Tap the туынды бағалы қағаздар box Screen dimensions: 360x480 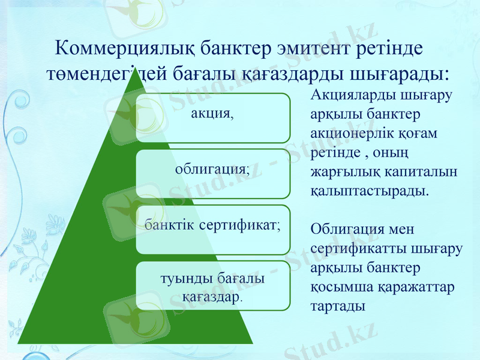(212, 286)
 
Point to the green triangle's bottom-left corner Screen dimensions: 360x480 (20, 343)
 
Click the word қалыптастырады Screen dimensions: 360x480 (371, 191)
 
